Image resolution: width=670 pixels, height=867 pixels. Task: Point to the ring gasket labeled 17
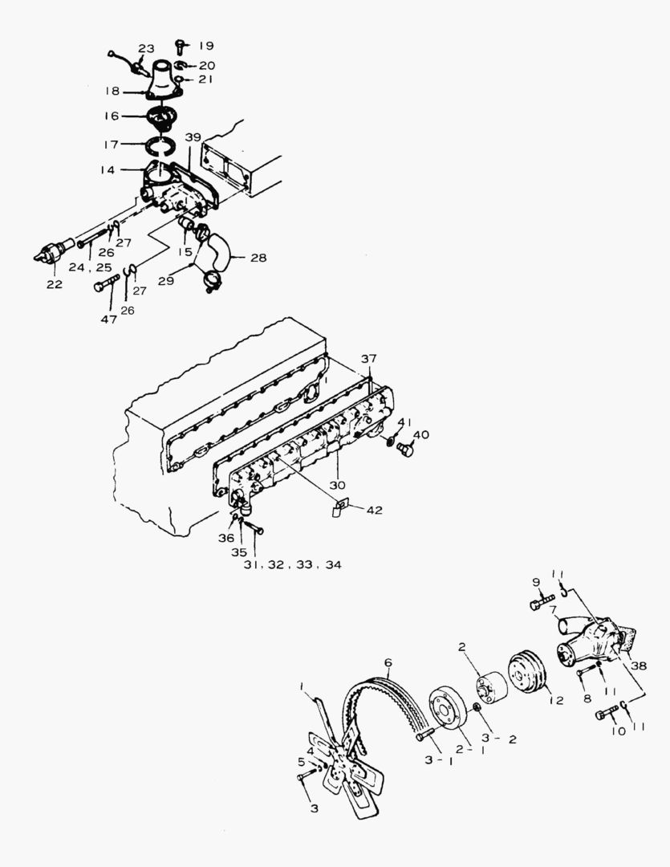coord(164,145)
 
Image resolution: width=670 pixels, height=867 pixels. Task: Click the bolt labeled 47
coord(104,284)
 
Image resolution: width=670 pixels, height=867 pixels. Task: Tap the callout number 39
coord(193,138)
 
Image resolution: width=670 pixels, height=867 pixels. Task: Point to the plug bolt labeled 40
coord(405,450)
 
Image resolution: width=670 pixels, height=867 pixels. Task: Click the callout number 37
coord(367,358)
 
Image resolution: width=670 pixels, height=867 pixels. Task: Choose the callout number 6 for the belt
coord(388,663)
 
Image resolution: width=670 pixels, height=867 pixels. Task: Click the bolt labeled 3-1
coord(425,734)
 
